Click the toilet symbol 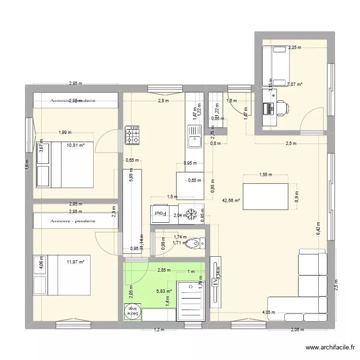click(x=194, y=244)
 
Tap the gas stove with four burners click(x=132, y=135)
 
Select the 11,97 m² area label click(x=75, y=262)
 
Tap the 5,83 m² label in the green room click(x=164, y=290)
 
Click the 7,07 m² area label click(x=295, y=84)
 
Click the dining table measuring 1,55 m click(x=265, y=196)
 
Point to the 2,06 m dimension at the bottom click(x=298, y=330)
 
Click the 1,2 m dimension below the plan click(x=158, y=330)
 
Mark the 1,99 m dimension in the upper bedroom click(x=65, y=132)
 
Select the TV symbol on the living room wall click(x=215, y=284)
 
